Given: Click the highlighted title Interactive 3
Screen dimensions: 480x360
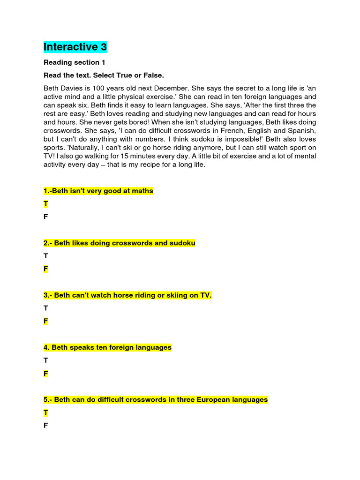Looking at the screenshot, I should point(75,47).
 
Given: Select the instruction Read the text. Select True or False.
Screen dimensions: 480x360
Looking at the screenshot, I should point(104,75).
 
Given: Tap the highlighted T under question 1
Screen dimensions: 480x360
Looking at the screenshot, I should point(45,204).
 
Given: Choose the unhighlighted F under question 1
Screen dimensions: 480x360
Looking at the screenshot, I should point(45,217).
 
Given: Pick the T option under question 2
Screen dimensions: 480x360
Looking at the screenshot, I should point(45,256).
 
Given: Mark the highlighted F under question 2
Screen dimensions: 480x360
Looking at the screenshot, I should point(45,269).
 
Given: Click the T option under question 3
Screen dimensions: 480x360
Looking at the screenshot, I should point(45,308).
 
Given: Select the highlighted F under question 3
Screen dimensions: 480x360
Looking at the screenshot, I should point(45,321).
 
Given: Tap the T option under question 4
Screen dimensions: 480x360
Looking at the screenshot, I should point(45,360).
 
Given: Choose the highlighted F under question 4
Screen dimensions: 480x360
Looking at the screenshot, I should point(45,374).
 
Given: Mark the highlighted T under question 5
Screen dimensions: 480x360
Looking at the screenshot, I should point(45,412).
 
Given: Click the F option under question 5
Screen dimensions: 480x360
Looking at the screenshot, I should point(45,426).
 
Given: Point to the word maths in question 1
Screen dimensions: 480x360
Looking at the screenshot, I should point(143,191).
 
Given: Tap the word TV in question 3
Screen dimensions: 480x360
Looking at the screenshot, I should point(205,295).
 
